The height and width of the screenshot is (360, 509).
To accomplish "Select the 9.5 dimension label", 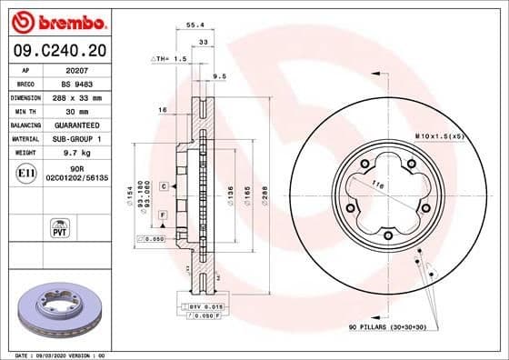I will click(x=218, y=76).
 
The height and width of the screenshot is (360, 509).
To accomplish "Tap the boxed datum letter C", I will click(x=163, y=185).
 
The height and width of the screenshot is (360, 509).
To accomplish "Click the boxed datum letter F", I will click(x=163, y=214).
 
